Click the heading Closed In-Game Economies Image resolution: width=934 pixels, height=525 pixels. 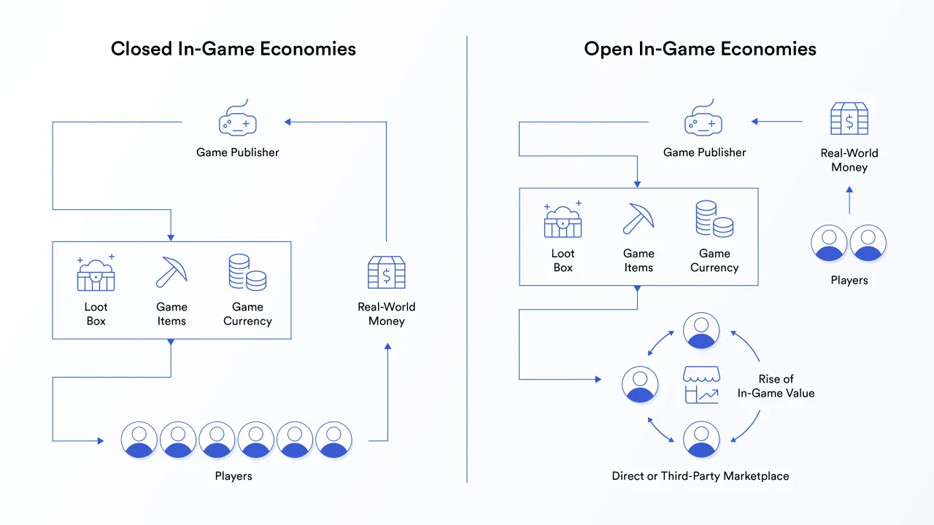click(233, 49)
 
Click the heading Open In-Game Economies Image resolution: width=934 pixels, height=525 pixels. click(700, 49)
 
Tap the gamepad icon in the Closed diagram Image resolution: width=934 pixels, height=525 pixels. click(238, 120)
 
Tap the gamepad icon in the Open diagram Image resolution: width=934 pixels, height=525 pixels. click(703, 120)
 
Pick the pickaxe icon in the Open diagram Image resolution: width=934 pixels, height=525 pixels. click(638, 219)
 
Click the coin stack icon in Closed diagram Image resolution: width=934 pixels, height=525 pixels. click(247, 272)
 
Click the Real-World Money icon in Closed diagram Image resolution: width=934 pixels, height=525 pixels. click(386, 273)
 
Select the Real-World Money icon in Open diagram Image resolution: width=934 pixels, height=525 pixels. click(849, 119)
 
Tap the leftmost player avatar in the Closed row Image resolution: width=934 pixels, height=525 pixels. click(139, 440)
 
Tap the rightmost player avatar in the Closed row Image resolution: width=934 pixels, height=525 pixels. click(333, 440)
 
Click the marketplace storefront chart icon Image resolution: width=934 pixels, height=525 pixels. click(701, 385)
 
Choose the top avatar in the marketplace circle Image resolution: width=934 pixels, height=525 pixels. click(701, 330)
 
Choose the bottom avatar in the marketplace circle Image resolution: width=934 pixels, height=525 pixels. click(701, 439)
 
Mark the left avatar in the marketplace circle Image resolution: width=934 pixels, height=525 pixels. click(640, 384)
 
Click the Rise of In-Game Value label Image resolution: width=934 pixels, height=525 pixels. click(776, 386)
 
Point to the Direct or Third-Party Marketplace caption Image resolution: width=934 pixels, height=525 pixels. click(700, 476)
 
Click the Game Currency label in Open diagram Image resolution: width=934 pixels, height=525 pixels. click(714, 260)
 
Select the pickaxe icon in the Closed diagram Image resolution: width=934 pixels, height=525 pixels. click(171, 272)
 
